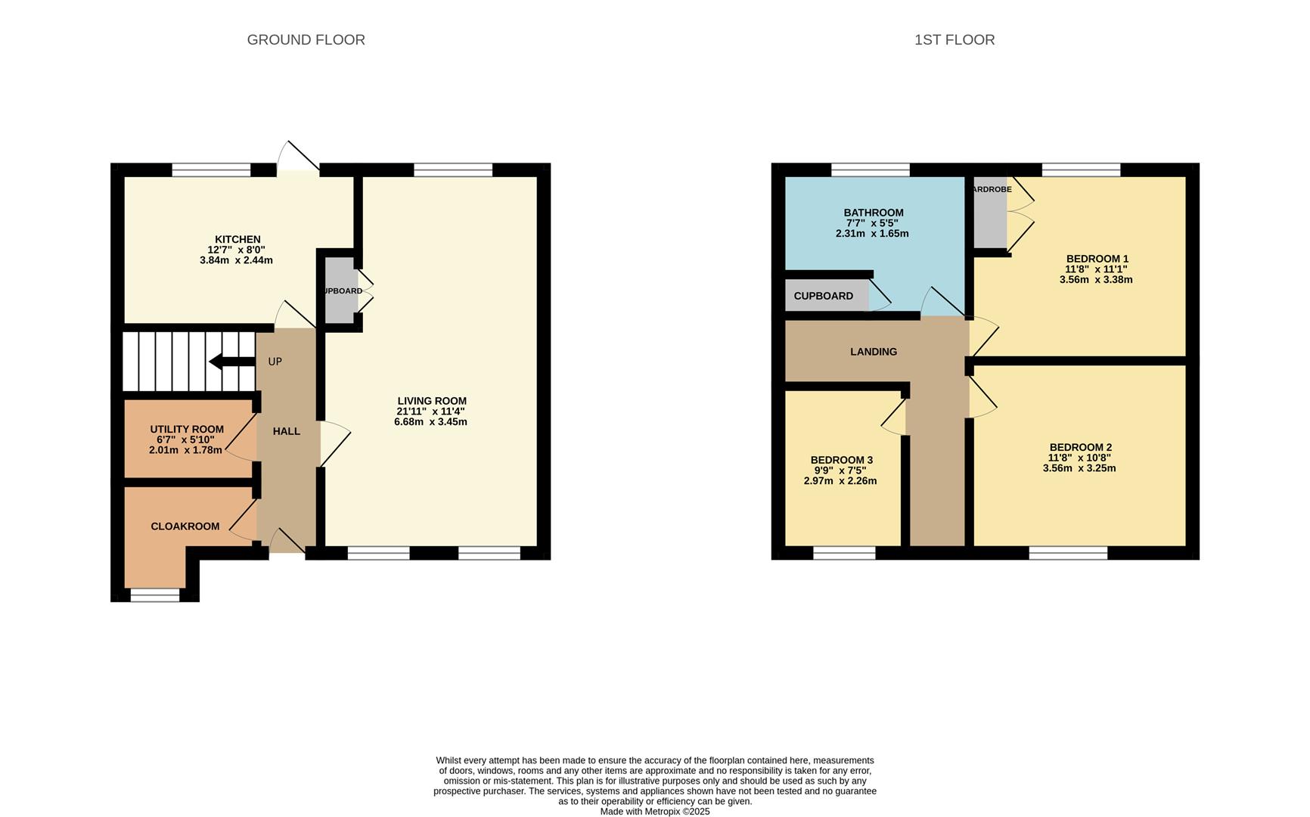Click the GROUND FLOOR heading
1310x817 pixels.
(306, 40)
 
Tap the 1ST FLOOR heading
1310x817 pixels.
(955, 40)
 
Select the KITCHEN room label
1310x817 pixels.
(237, 239)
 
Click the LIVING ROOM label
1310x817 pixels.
(432, 401)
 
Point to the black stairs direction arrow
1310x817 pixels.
(231, 362)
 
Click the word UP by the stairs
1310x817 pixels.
(275, 362)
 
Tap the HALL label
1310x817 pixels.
(287, 431)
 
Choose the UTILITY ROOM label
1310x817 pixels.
(187, 430)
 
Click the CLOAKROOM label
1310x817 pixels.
(185, 527)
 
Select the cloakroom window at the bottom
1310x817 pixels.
(155, 595)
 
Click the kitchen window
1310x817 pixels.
(211, 169)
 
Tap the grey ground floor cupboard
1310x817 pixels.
(341, 290)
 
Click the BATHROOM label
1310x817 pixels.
(874, 213)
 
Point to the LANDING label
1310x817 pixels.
(874, 352)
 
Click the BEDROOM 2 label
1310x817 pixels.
(1080, 447)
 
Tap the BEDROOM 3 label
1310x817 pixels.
(841, 460)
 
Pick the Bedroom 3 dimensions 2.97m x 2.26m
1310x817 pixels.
(840, 481)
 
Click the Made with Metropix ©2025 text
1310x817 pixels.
(655, 812)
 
